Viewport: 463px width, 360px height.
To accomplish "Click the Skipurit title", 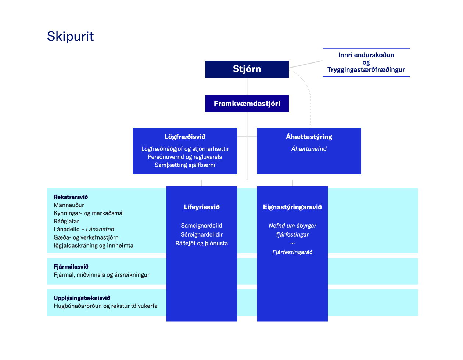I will [x=71, y=36].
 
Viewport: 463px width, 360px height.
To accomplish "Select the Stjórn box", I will [x=247, y=69].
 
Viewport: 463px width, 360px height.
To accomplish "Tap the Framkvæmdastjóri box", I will [x=247, y=104].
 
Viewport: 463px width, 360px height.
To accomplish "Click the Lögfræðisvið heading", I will [x=185, y=137].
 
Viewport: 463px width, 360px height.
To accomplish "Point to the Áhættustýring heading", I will [x=309, y=137].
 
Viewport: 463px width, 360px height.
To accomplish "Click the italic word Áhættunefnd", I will [x=309, y=149].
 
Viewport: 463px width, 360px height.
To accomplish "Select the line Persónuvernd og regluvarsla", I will [x=185, y=157].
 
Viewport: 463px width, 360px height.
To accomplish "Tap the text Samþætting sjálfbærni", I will [x=185, y=165].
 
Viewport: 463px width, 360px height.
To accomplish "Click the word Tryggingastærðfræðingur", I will [x=366, y=70].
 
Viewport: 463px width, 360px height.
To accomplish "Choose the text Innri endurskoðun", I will [x=366, y=55].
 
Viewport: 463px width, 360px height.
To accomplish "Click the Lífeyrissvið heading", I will [x=201, y=207].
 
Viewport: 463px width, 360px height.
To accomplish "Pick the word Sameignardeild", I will [x=201, y=226].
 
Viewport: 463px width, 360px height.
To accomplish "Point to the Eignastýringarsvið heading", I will [x=292, y=207].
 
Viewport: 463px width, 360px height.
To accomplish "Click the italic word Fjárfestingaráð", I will [x=292, y=252].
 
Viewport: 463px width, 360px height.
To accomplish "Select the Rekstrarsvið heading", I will [x=71, y=197].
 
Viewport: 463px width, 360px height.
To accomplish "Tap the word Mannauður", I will [x=69, y=205].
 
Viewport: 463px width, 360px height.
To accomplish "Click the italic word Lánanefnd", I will [x=100, y=229].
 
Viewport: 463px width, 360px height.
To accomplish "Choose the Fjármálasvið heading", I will [x=71, y=267].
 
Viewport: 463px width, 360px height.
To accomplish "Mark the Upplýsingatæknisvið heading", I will [x=82, y=298].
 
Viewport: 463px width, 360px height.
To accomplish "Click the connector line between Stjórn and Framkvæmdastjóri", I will [x=247, y=86].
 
